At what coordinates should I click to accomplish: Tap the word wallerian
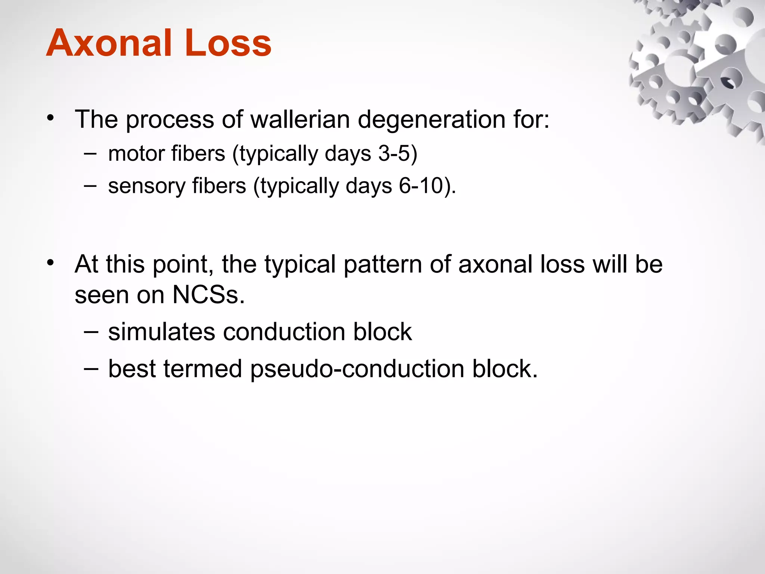pos(300,120)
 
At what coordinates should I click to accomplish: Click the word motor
pos(136,153)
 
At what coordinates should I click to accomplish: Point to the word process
pos(170,120)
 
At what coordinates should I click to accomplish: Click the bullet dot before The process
pos(50,118)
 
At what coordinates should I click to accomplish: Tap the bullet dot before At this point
pos(50,263)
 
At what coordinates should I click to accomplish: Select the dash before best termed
pos(91,368)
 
